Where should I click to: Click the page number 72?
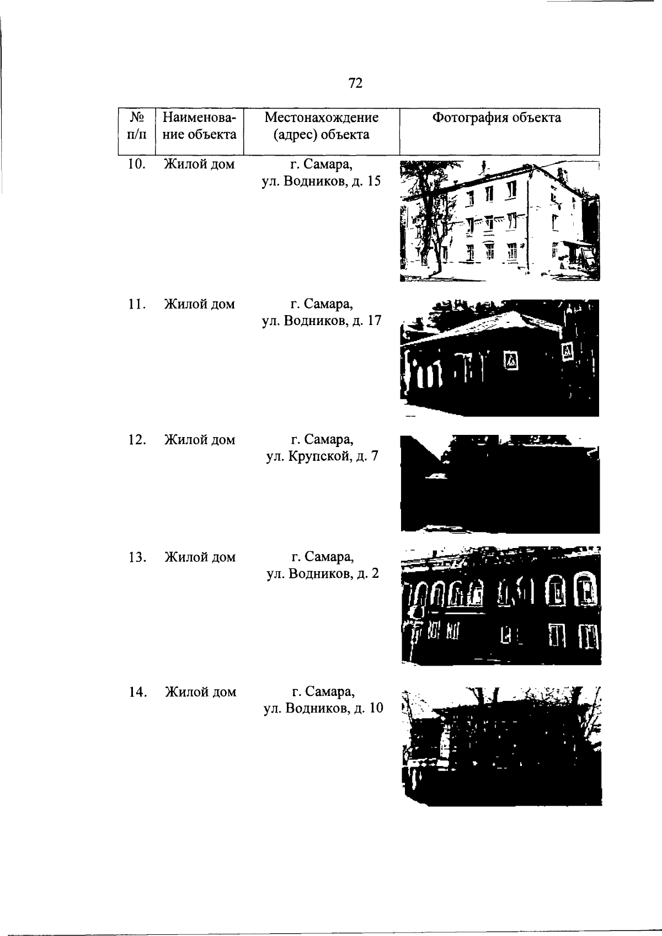pos(355,83)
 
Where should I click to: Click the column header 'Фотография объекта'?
pos(496,118)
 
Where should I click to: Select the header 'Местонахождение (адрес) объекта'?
pos(322,126)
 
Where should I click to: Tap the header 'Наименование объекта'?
pos(199,126)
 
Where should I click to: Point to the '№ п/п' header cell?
pos(137,126)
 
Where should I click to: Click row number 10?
pos(137,164)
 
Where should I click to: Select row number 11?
pos(137,304)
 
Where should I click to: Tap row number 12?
pos(137,440)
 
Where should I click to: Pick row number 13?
pos(137,557)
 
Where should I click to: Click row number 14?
pos(137,692)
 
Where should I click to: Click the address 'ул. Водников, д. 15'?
pos(321,182)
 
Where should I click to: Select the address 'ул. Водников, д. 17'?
pos(322,321)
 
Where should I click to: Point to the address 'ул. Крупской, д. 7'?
pos(322,456)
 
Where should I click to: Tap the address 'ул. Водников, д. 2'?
pos(323,574)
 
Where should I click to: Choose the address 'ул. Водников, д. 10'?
pos(323,709)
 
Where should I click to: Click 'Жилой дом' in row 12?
pos(200,440)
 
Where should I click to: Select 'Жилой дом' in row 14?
pos(201,692)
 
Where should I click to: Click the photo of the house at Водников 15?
pos(499,221)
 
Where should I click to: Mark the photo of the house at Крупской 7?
pos(500,484)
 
